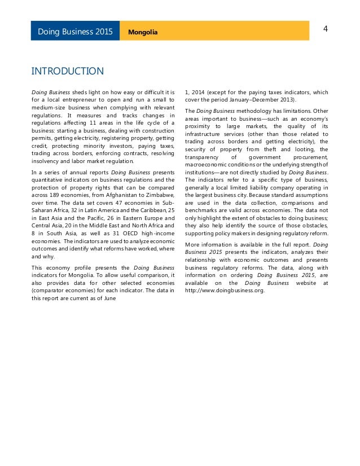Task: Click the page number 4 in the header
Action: [325, 28]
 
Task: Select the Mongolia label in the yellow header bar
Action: [143, 32]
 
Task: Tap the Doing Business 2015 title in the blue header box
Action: [75, 32]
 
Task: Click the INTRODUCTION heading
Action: [67, 71]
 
